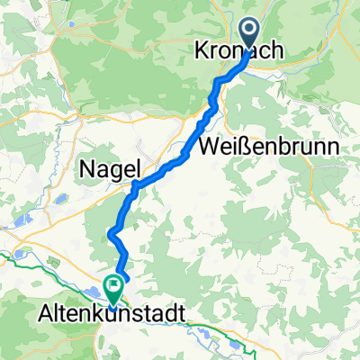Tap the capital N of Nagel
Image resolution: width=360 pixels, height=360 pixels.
89,167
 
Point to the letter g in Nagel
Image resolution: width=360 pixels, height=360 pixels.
113,169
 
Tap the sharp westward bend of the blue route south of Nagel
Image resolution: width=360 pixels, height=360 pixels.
111,233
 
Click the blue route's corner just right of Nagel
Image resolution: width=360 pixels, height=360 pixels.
134,186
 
